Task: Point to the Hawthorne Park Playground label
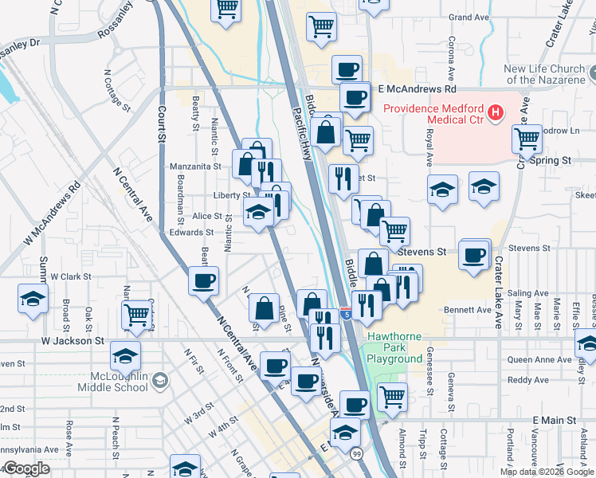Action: pyautogui.click(x=394, y=347)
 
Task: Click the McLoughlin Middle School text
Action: pyautogui.click(x=113, y=381)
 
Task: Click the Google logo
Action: pyautogui.click(x=25, y=469)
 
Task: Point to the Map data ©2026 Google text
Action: pyautogui.click(x=547, y=472)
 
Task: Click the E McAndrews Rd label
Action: pyautogui.click(x=416, y=89)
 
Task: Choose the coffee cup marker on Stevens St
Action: pyautogui.click(x=474, y=255)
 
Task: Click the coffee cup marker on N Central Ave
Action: pyautogui.click(x=202, y=280)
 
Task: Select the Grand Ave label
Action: pyautogui.click(x=469, y=17)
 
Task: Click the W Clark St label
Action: pyautogui.click(x=70, y=276)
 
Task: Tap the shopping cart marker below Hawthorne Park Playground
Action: pyautogui.click(x=391, y=396)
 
